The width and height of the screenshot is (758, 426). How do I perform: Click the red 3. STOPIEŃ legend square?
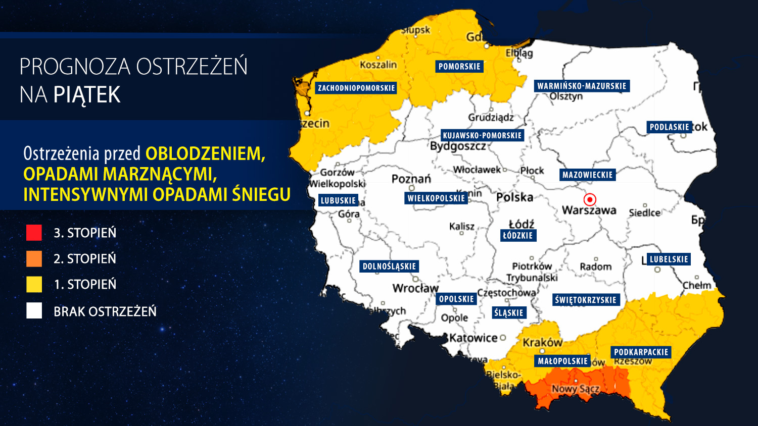[34, 233]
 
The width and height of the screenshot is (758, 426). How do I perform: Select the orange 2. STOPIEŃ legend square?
[34, 258]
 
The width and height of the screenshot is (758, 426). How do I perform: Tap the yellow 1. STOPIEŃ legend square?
[34, 284]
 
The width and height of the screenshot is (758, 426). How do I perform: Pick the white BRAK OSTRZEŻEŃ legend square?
[34, 311]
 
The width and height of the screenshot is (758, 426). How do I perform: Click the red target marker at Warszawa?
[590, 199]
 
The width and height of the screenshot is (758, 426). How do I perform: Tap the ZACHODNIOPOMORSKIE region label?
[356, 88]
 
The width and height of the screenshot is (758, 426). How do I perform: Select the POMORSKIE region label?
[459, 66]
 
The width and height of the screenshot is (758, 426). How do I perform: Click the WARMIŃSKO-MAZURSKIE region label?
[582, 86]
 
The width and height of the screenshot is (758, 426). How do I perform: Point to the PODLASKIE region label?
[669, 127]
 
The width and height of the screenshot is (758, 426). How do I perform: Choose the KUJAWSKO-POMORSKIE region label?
[482, 135]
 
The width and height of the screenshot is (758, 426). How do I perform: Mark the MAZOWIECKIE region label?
[587, 175]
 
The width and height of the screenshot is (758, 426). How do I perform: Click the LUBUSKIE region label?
[338, 200]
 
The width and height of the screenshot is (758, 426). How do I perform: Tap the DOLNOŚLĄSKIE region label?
[389, 266]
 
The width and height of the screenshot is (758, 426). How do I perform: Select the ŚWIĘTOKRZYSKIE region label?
[586, 300]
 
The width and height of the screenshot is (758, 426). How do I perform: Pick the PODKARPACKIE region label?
[641, 352]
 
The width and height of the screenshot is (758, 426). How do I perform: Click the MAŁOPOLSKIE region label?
[562, 361]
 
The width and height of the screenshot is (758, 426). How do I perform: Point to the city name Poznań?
[411, 179]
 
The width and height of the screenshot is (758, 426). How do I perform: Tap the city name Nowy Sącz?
[575, 389]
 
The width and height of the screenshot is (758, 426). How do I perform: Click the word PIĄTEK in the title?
[87, 95]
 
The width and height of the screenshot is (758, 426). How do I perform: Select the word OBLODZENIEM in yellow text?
[205, 153]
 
